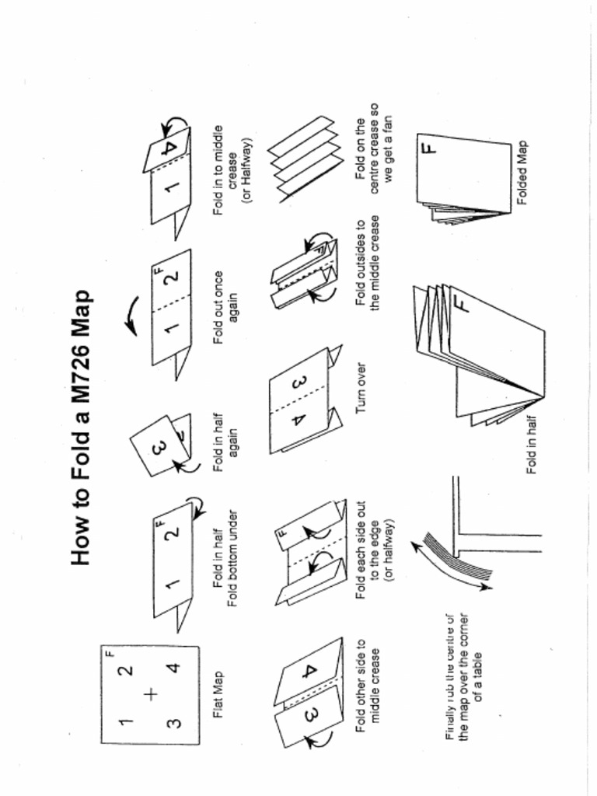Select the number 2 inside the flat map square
click(127, 668)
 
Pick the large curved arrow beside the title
click(131, 315)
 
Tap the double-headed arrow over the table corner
click(455, 561)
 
